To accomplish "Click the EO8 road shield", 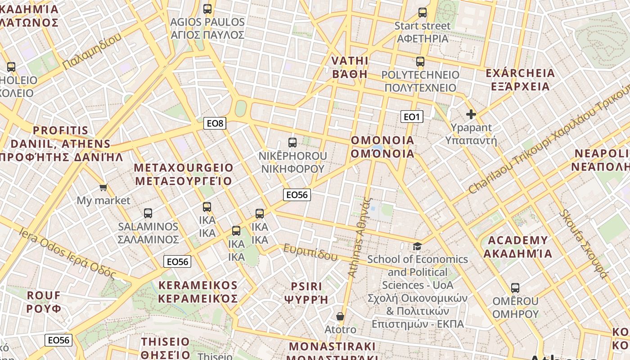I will pyautogui.click(x=215, y=123).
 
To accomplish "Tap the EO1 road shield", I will pyautogui.click(x=411, y=117).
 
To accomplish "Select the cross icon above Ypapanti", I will pyautogui.click(x=471, y=115).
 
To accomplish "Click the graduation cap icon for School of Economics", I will pyautogui.click(x=417, y=246).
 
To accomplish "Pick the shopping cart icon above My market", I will pyautogui.click(x=103, y=187).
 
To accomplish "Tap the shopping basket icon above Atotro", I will pyautogui.click(x=340, y=317).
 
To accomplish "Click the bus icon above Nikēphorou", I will pyautogui.click(x=292, y=143).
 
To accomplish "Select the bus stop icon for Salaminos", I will pyautogui.click(x=148, y=213).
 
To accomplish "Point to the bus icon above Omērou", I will pyautogui.click(x=515, y=288).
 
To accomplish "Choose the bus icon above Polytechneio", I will pyautogui.click(x=420, y=62).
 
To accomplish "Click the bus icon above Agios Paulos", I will pyautogui.click(x=207, y=9).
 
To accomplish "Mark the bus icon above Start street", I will pyautogui.click(x=423, y=13).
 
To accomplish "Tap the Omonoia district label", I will pyautogui.click(x=382, y=147).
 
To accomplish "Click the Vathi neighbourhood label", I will pyautogui.click(x=350, y=67).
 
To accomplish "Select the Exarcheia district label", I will pyautogui.click(x=520, y=80).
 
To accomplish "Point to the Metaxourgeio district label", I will pyautogui.click(x=184, y=175).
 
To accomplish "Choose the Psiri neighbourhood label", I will pyautogui.click(x=306, y=293).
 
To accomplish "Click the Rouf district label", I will pyautogui.click(x=44, y=302).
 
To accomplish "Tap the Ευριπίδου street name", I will pyautogui.click(x=310, y=252).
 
